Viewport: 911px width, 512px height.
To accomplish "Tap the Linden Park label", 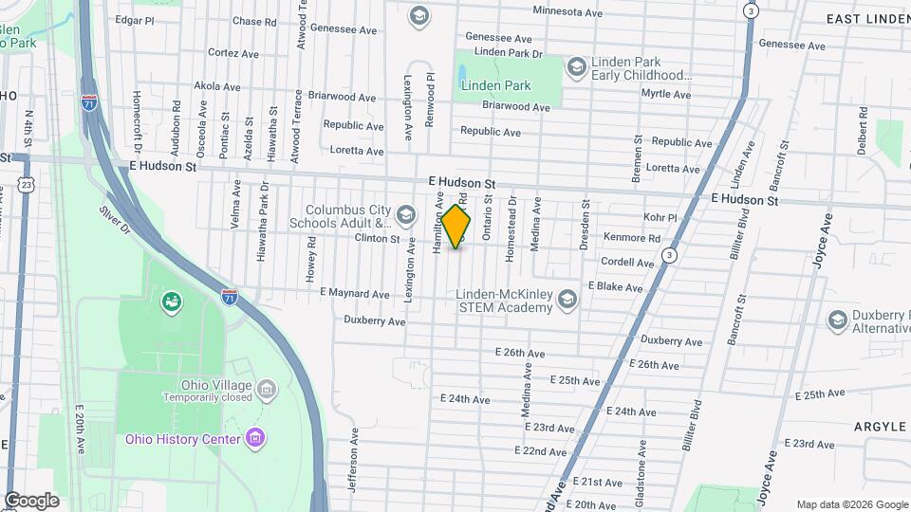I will tap(495, 85).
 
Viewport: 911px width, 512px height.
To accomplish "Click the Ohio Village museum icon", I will tap(267, 389).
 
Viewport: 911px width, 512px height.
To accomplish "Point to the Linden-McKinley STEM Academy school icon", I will tap(567, 300).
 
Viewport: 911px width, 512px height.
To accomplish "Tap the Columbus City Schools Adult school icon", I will tap(406, 215).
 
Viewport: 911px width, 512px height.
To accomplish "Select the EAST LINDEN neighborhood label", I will tap(867, 19).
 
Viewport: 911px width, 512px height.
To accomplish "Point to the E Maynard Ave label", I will tap(355, 294).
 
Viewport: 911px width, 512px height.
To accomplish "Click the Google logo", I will tap(31, 500).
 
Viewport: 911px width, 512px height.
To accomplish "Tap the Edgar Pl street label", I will tap(134, 19).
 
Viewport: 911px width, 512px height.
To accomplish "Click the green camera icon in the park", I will tap(173, 302).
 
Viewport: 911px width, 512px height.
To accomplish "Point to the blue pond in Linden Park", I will tap(461, 72).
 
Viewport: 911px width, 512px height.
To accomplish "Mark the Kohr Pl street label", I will tap(659, 217).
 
